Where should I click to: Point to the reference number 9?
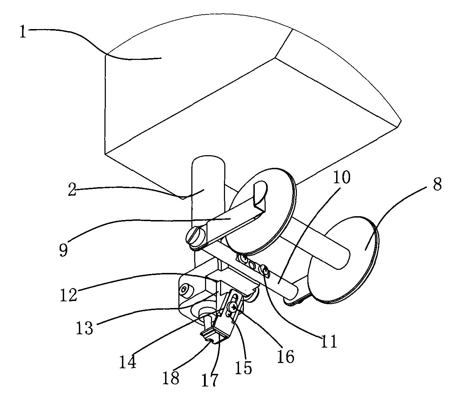coord(63,250)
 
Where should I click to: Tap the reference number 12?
coord(69,295)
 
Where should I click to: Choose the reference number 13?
coord(84,328)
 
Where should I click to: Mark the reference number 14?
coord(128,362)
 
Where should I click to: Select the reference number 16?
coord(286,357)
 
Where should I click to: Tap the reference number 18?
coord(171,378)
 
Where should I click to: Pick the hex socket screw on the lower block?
coord(185,289)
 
